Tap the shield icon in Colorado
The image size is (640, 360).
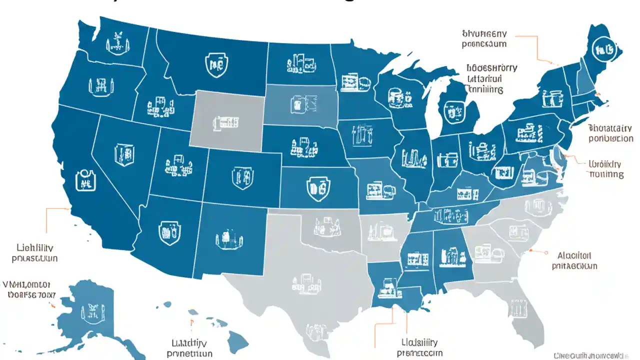(240, 176)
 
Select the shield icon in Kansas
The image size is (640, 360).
(318, 188)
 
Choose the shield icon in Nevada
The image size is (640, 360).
(123, 154)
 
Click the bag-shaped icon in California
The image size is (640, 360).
(84, 179)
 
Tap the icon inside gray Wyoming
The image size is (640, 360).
(226, 121)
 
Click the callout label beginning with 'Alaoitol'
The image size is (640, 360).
(574, 260)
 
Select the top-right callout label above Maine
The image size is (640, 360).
(484, 38)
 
